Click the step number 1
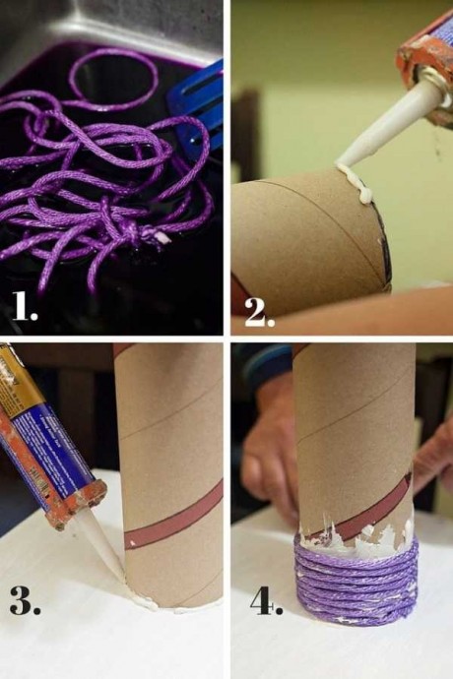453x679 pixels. click(25, 305)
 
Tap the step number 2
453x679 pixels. click(260, 311)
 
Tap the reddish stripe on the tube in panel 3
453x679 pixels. click(174, 519)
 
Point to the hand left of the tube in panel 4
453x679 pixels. click(268, 451)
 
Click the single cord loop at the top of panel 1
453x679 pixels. click(112, 80)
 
